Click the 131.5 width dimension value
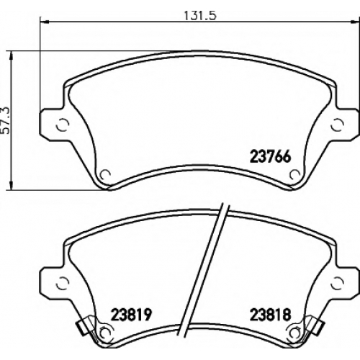pos(200,16)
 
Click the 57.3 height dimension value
pos(6,120)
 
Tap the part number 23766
pos(271,157)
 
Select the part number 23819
pos(131,315)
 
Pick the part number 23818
pos(271,315)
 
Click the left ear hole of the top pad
pos(63,125)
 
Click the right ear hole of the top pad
pos(338,125)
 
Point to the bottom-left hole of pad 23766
pos(105,174)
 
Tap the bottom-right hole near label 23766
pos(294,174)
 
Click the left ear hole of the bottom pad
pos(63,283)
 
